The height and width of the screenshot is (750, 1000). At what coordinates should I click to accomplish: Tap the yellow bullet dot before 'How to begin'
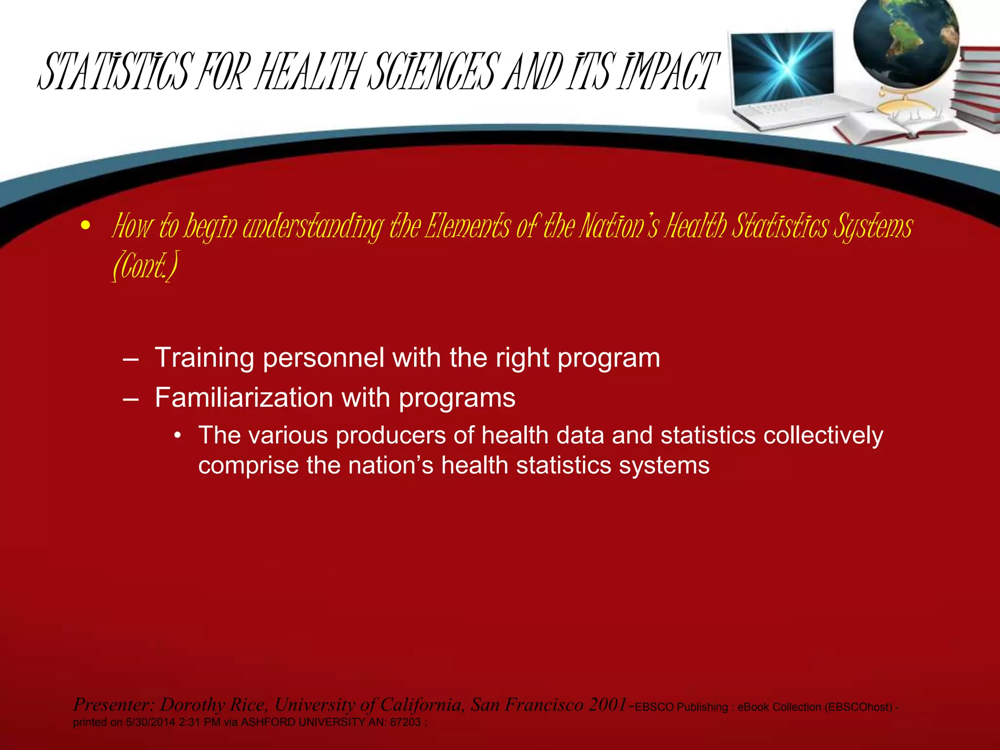coord(86,226)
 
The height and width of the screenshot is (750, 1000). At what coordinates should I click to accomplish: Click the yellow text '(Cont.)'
coord(145,266)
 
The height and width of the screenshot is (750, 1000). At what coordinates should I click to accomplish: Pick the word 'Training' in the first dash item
coord(204,358)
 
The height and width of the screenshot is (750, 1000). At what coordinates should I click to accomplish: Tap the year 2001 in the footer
coord(608,705)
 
